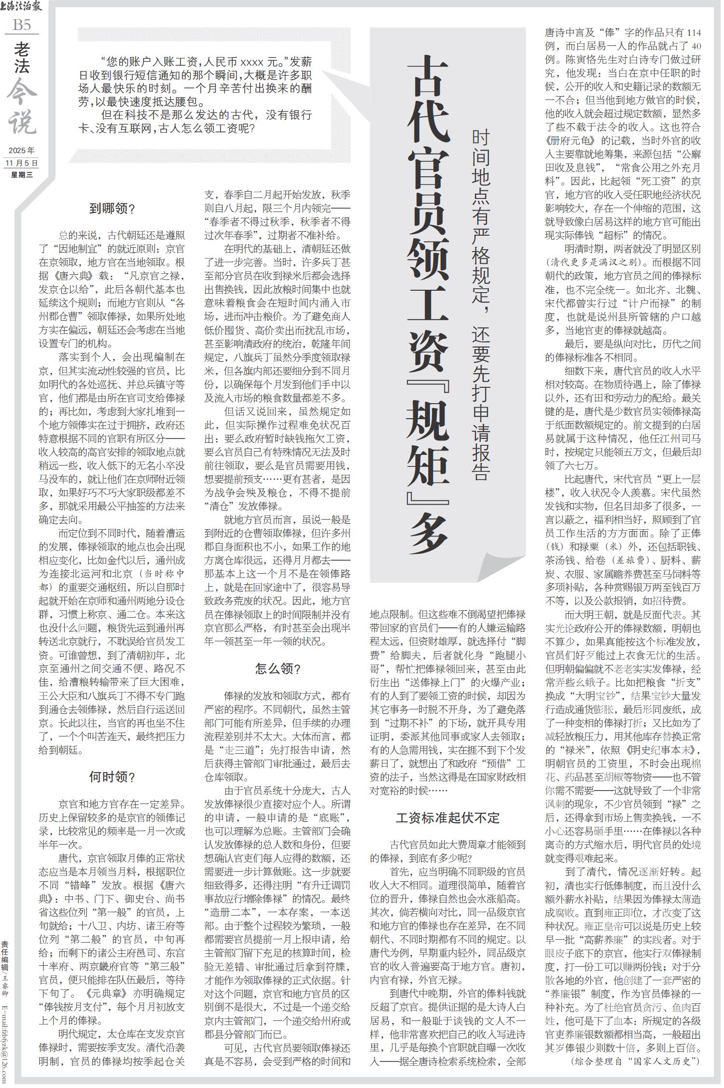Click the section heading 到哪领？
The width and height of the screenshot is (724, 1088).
(x=112, y=208)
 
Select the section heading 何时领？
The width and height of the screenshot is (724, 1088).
(x=112, y=777)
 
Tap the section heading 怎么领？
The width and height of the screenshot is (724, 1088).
(x=278, y=669)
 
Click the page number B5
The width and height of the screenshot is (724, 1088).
(x=22, y=24)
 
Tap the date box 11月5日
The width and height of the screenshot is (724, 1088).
(x=22, y=163)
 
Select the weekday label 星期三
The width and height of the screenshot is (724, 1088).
(x=22, y=175)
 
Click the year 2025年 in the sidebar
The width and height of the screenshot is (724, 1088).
(x=22, y=151)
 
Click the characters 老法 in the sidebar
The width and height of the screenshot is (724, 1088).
(x=22, y=57)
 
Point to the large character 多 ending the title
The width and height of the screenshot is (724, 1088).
(x=427, y=534)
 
